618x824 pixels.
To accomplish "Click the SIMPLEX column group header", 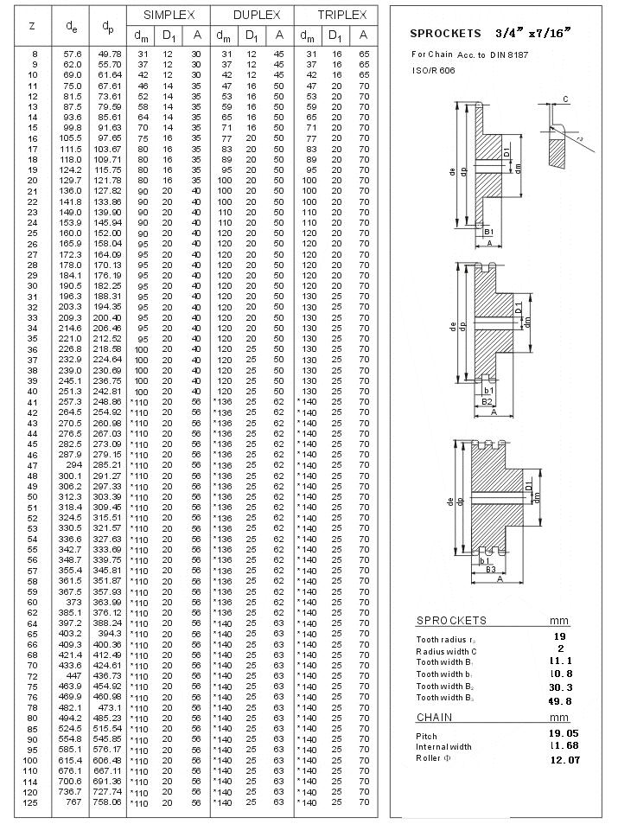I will pyautogui.click(x=169, y=16).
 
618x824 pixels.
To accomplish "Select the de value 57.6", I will pyautogui.click(x=73, y=54).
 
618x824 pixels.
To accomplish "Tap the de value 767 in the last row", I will pyautogui.click(x=74, y=802).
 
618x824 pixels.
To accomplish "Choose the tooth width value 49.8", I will pyautogui.click(x=562, y=701).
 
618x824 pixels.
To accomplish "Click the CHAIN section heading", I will pyautogui.click(x=434, y=718).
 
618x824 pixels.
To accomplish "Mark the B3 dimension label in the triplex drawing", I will pyautogui.click(x=489, y=569).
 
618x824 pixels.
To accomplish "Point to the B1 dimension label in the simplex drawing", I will pyautogui.click(x=488, y=233).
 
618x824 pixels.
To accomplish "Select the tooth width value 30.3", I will pyautogui.click(x=562, y=687).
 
